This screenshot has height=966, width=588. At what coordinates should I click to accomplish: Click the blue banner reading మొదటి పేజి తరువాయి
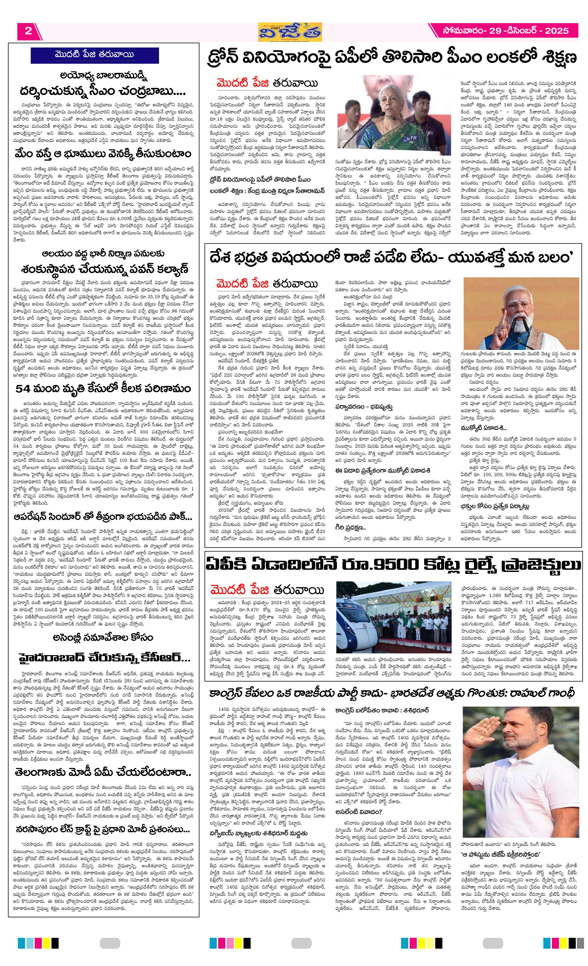pyautogui.click(x=94, y=55)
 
